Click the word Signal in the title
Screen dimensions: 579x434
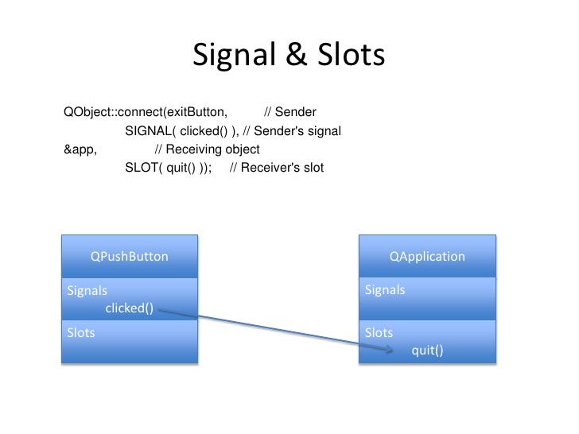tap(234, 55)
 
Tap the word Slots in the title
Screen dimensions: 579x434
tap(352, 55)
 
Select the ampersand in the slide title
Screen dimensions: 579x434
tap(297, 55)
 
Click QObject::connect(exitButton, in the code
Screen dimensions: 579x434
tap(146, 112)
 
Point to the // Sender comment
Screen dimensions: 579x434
tap(290, 112)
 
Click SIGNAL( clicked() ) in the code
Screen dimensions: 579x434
tap(181, 131)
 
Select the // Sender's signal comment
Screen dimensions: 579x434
tap(292, 131)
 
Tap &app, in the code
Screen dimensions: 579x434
tap(80, 149)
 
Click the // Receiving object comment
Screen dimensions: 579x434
tap(207, 149)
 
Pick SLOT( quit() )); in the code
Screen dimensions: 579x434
tap(169, 168)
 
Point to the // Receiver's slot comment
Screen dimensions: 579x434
tap(277, 168)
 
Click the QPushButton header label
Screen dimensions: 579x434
tap(129, 257)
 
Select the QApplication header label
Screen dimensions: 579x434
tap(427, 257)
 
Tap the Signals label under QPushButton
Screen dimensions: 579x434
tap(87, 291)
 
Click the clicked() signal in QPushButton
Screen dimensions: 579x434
tap(129, 308)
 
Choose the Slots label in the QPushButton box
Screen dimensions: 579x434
tap(81, 333)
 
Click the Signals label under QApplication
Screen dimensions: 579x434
tap(385, 290)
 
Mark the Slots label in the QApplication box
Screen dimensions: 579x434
tap(379, 333)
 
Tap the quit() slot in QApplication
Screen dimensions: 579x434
tap(427, 351)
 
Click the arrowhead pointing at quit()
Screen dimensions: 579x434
tap(390, 349)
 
